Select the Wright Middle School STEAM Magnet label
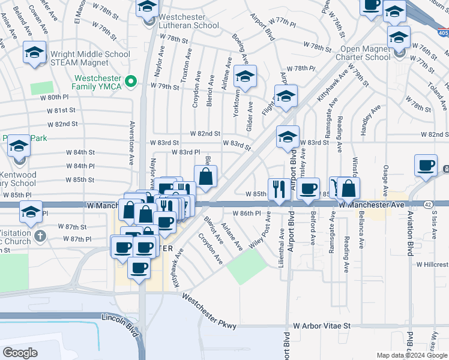click(x=90, y=58)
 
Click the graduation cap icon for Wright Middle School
click(x=35, y=53)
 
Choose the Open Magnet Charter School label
click(x=365, y=53)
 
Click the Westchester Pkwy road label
click(x=209, y=311)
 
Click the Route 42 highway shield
click(x=427, y=205)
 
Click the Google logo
click(x=20, y=353)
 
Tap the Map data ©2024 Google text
click(x=412, y=355)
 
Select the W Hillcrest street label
click(x=432, y=264)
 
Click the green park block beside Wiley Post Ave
click(x=247, y=266)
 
